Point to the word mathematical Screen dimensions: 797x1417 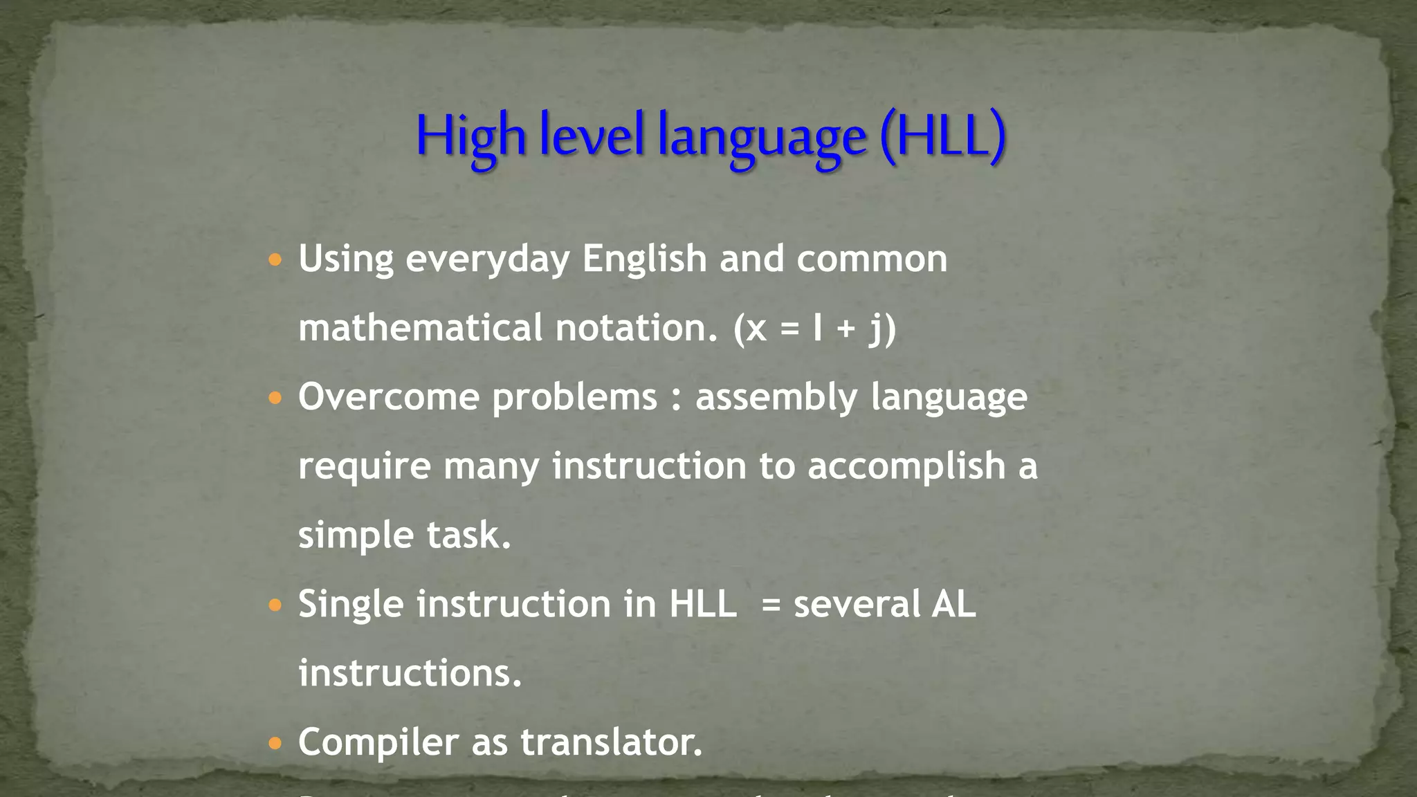(x=420, y=327)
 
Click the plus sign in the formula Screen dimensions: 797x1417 (x=845, y=329)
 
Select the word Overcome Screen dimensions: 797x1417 (x=389, y=397)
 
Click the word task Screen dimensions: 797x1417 (x=468, y=535)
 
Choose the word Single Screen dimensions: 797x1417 (x=351, y=605)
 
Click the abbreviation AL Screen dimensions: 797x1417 (x=953, y=603)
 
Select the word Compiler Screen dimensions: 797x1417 (x=378, y=742)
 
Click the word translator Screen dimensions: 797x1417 (x=612, y=742)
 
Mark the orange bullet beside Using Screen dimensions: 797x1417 (x=275, y=261)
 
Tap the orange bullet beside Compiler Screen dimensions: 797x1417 (x=275, y=744)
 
